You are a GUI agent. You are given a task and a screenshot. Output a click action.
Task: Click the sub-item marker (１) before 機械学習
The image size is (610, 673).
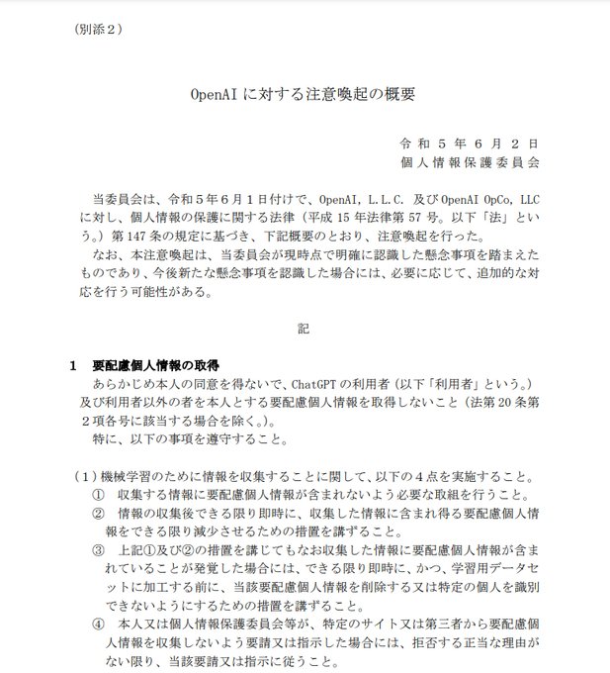click(x=82, y=476)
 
